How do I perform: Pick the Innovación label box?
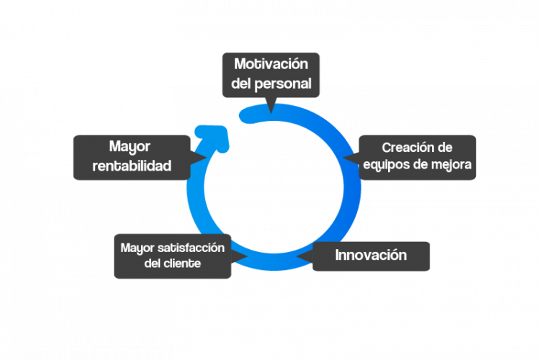371,256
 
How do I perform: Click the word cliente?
182,264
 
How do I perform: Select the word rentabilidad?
132,166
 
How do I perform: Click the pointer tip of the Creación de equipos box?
347,157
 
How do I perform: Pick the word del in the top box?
242,84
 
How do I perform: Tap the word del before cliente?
153,264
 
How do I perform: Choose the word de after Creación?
444,148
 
